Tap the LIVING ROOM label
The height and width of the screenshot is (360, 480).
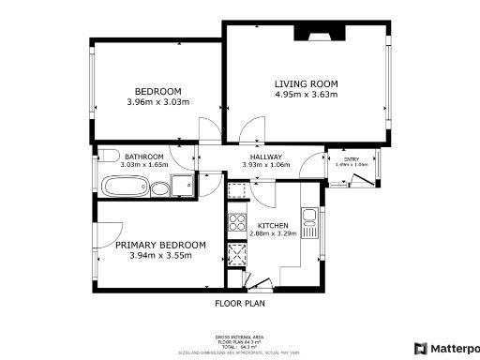(x=307, y=83)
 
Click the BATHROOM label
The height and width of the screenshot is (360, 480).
(x=144, y=156)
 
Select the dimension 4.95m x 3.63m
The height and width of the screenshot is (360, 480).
(x=307, y=95)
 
